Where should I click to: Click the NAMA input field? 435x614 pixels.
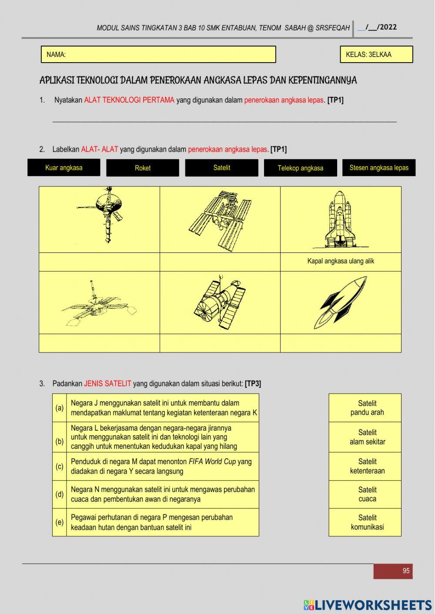pyautogui.click(x=158, y=54)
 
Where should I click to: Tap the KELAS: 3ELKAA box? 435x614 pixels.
pyautogui.click(x=377, y=54)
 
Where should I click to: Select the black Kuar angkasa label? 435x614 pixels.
pyautogui.click(x=64, y=167)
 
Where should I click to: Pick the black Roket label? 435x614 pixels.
pyautogui.click(x=143, y=168)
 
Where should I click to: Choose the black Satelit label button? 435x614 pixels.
pyautogui.click(x=222, y=168)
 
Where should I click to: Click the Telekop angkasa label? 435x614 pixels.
pyautogui.click(x=301, y=168)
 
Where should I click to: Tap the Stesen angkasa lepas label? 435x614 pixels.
pyautogui.click(x=379, y=167)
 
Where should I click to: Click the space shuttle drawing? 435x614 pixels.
pyautogui.click(x=340, y=219)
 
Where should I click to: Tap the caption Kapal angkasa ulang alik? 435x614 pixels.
pyautogui.click(x=341, y=261)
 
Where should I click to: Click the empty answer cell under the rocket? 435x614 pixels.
pyautogui.click(x=341, y=343)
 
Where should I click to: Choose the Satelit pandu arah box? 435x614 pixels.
pyautogui.click(x=365, y=408)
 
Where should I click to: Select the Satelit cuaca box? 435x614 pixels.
pyautogui.click(x=365, y=494)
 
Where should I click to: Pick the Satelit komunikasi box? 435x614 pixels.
pyautogui.click(x=365, y=522)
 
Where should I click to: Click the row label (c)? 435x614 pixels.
pyautogui.click(x=60, y=466)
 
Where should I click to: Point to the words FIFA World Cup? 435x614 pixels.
pyautogui.click(x=212, y=461)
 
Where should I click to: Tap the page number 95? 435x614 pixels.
pyautogui.click(x=406, y=571)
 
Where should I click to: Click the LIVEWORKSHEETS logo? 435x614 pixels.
pyautogui.click(x=368, y=605)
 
